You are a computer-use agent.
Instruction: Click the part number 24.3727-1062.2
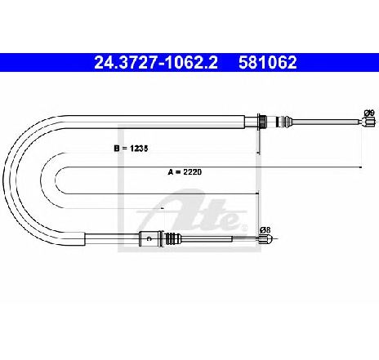156,63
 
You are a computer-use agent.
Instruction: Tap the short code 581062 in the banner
268,63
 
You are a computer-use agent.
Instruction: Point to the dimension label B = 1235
131,149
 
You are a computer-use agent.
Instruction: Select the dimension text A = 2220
185,172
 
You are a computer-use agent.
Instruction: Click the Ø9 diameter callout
369,113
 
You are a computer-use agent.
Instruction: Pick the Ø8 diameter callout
265,230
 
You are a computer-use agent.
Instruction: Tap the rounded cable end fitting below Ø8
265,239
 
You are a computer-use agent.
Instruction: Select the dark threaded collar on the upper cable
262,122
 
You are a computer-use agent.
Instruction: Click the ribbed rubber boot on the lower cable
173,238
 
